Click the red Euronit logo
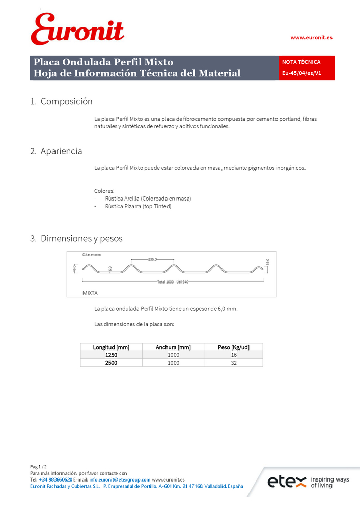point(77,29)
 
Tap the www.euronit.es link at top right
point(311,37)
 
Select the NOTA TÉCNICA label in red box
point(301,62)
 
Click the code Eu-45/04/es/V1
point(301,73)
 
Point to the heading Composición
point(66,101)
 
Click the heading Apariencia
point(61,151)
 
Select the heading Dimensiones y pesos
point(81,238)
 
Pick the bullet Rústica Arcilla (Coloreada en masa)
point(148,199)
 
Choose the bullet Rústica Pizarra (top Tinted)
point(138,207)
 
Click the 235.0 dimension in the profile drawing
point(152,259)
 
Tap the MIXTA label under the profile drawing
point(90,293)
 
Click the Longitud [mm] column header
point(111,347)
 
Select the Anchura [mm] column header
point(173,347)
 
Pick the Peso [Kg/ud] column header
point(233,347)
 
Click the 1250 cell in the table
point(111,355)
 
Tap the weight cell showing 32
point(233,363)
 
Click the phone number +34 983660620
point(56,479)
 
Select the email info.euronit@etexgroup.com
point(120,479)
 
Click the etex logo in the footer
point(287,482)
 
